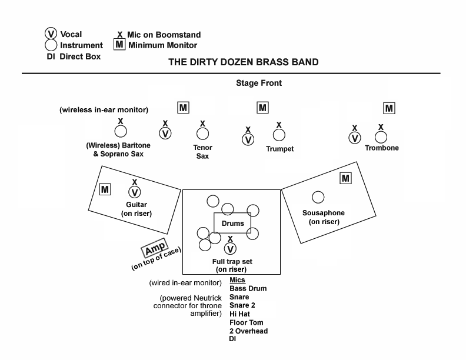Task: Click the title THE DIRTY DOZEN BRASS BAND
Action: pyautogui.click(x=244, y=61)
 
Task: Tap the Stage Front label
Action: pyautogui.click(x=259, y=83)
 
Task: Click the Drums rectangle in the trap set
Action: pyautogui.click(x=232, y=224)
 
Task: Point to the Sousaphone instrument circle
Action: pyautogui.click(x=318, y=197)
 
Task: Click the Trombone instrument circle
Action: pyautogui.click(x=381, y=137)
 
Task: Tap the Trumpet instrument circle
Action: pyautogui.click(x=279, y=136)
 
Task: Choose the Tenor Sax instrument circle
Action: pyautogui.click(x=202, y=134)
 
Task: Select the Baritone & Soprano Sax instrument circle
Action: pyautogui.click(x=121, y=132)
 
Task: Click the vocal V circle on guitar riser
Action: pyautogui.click(x=135, y=192)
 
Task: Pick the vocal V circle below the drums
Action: pyautogui.click(x=231, y=248)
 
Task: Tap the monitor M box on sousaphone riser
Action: pyautogui.click(x=345, y=178)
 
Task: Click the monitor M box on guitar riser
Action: pyautogui.click(x=105, y=189)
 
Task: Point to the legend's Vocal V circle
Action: pyautogui.click(x=51, y=34)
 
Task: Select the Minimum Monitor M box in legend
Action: pyautogui.click(x=119, y=45)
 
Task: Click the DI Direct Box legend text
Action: pyautogui.click(x=74, y=56)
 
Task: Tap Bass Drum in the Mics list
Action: pyautogui.click(x=248, y=289)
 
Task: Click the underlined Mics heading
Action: pyautogui.click(x=237, y=280)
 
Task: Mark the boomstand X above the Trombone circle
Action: pyautogui.click(x=381, y=126)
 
